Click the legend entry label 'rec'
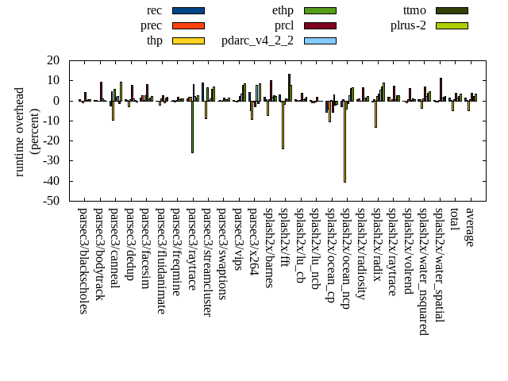(155, 10)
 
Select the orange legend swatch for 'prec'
(188, 25)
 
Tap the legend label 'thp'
(154, 40)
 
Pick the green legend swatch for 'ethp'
(320, 10)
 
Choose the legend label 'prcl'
(284, 25)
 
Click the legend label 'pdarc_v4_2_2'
(257, 40)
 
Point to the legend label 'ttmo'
(414, 10)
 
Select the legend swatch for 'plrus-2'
(452, 25)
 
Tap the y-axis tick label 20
(54, 60)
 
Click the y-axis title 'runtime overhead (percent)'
(27, 131)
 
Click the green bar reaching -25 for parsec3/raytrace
(192, 126)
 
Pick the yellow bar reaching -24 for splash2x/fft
(283, 125)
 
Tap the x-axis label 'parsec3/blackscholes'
(83, 260)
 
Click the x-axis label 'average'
(470, 227)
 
